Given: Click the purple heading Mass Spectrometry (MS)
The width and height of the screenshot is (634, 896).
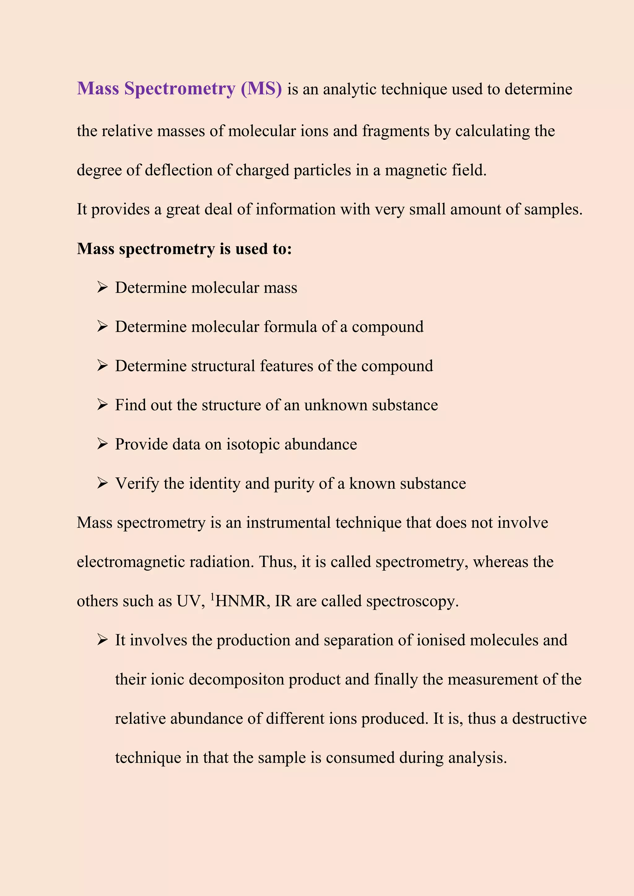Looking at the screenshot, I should coord(179,88).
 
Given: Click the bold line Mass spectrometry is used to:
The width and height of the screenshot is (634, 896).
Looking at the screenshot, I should coord(184,249).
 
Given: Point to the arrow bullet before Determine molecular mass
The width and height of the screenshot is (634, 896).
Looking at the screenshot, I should coord(102,288).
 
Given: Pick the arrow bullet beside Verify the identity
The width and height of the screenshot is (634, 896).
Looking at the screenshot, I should coord(102,484).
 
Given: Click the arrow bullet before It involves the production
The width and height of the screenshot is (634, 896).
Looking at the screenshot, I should coord(102,640).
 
